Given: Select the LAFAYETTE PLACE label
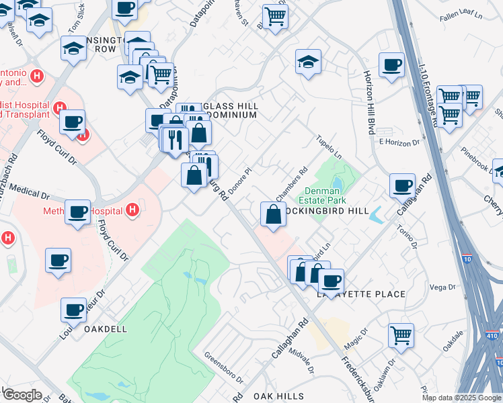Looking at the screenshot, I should [361, 294].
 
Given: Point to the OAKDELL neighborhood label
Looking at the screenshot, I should [106, 329].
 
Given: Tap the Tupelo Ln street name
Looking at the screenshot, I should [330, 147].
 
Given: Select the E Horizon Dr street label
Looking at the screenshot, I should [399, 142].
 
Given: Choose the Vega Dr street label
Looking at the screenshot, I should [442, 287].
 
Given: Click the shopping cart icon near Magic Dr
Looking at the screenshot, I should [401, 334].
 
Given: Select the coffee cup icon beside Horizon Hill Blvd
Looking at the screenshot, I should [391, 64].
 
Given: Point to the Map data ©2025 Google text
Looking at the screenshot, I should [461, 398].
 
